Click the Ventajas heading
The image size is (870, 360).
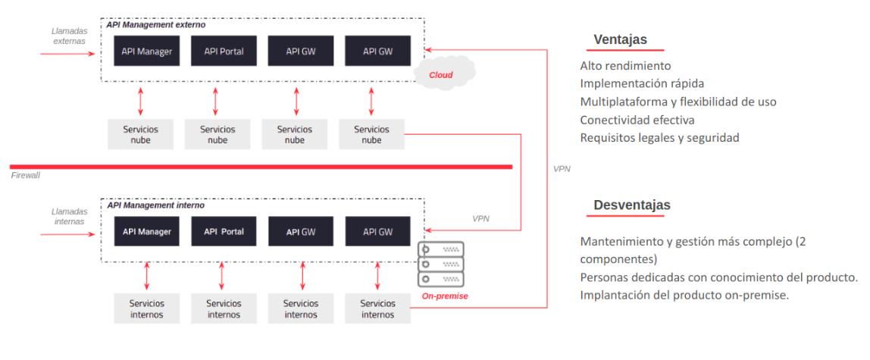(x=620, y=40)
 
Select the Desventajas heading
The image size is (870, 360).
(x=631, y=205)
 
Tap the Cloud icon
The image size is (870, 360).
(x=443, y=74)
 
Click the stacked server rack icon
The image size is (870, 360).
(x=441, y=265)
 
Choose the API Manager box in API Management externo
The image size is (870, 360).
(x=147, y=52)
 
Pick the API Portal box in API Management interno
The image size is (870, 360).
(x=224, y=231)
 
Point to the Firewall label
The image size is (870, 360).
(x=26, y=176)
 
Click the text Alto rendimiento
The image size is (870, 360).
(x=625, y=66)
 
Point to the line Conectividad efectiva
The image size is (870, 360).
(x=637, y=120)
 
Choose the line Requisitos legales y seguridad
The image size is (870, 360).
(x=659, y=138)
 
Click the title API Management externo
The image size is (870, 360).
(x=155, y=25)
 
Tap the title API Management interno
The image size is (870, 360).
(x=155, y=205)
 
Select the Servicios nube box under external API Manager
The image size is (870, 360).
(x=141, y=134)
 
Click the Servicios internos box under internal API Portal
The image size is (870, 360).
(x=224, y=308)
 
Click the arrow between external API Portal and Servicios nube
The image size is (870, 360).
(x=217, y=100)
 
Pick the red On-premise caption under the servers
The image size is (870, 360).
(x=444, y=296)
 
